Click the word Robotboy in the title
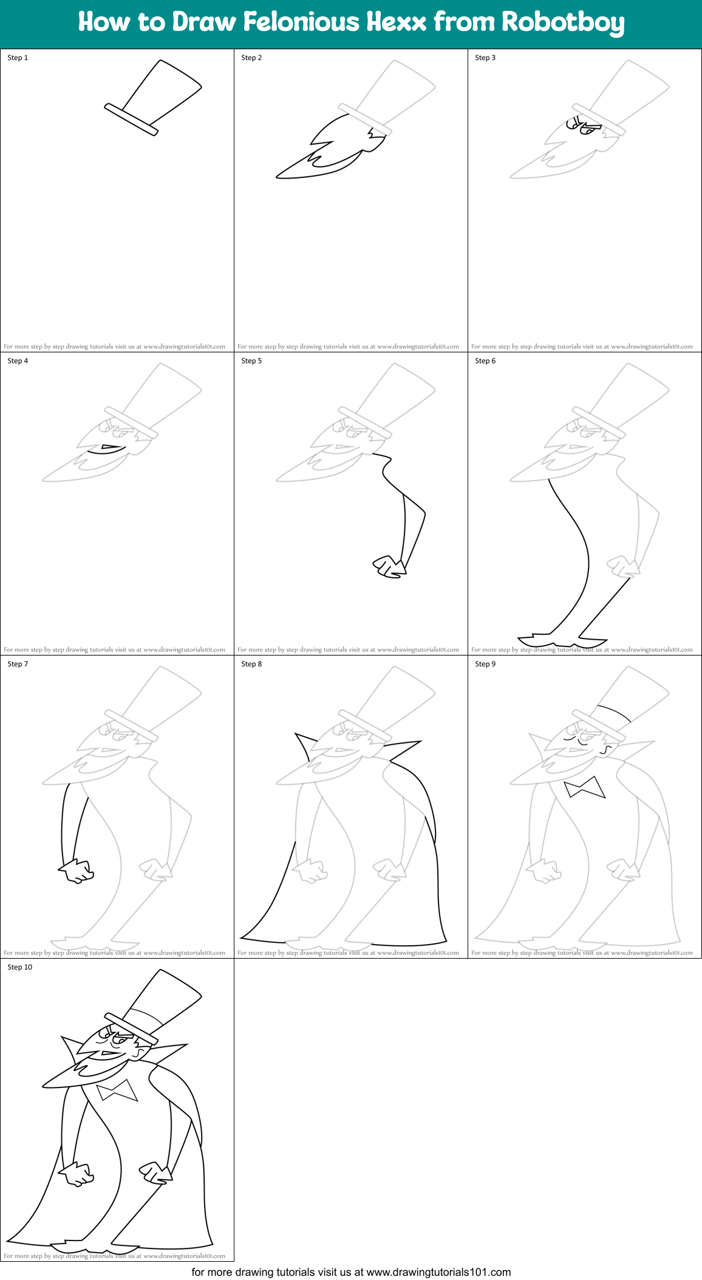562,22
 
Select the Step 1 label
18,58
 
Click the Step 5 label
251,361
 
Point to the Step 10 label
20,967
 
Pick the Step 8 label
251,664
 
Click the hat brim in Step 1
131,120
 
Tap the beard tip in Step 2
280,176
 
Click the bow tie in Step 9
584,787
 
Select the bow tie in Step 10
117,1090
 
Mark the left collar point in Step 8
300,739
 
